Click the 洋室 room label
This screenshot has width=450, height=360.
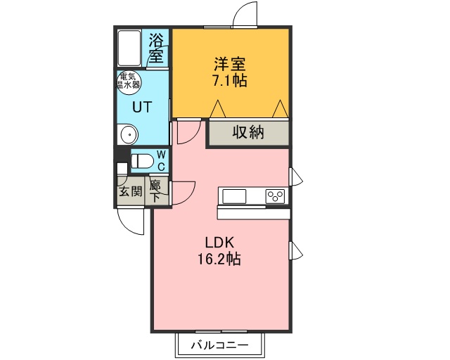click(230, 64)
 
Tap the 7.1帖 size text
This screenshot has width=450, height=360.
click(229, 81)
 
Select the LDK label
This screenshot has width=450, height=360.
click(219, 243)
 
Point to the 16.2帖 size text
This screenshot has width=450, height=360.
click(219, 259)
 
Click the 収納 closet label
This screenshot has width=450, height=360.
click(248, 132)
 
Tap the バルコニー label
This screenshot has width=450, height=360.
click(219, 345)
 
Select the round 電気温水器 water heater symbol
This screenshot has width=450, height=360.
click(128, 83)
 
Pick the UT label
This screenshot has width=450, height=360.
click(141, 107)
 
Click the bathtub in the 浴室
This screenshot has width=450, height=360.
click(129, 49)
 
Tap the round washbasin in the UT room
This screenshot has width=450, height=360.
click(128, 134)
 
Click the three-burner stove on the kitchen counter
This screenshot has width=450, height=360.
click(276, 196)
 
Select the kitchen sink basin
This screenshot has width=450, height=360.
click(234, 197)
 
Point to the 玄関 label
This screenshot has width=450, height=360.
click(131, 191)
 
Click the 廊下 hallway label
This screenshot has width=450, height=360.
click(155, 191)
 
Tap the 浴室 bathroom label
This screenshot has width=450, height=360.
click(156, 49)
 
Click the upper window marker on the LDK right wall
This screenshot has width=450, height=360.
click(295, 176)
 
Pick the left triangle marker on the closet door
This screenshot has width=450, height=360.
click(218, 109)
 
